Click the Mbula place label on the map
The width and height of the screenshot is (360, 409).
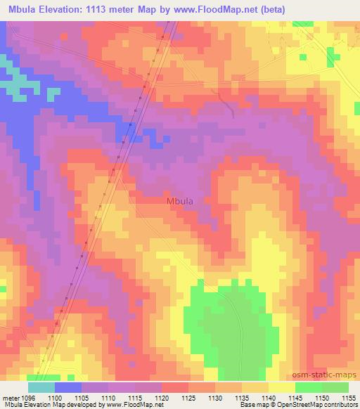pyautogui.click(x=181, y=201)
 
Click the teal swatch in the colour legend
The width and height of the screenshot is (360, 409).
pyautogui.click(x=41, y=387)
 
